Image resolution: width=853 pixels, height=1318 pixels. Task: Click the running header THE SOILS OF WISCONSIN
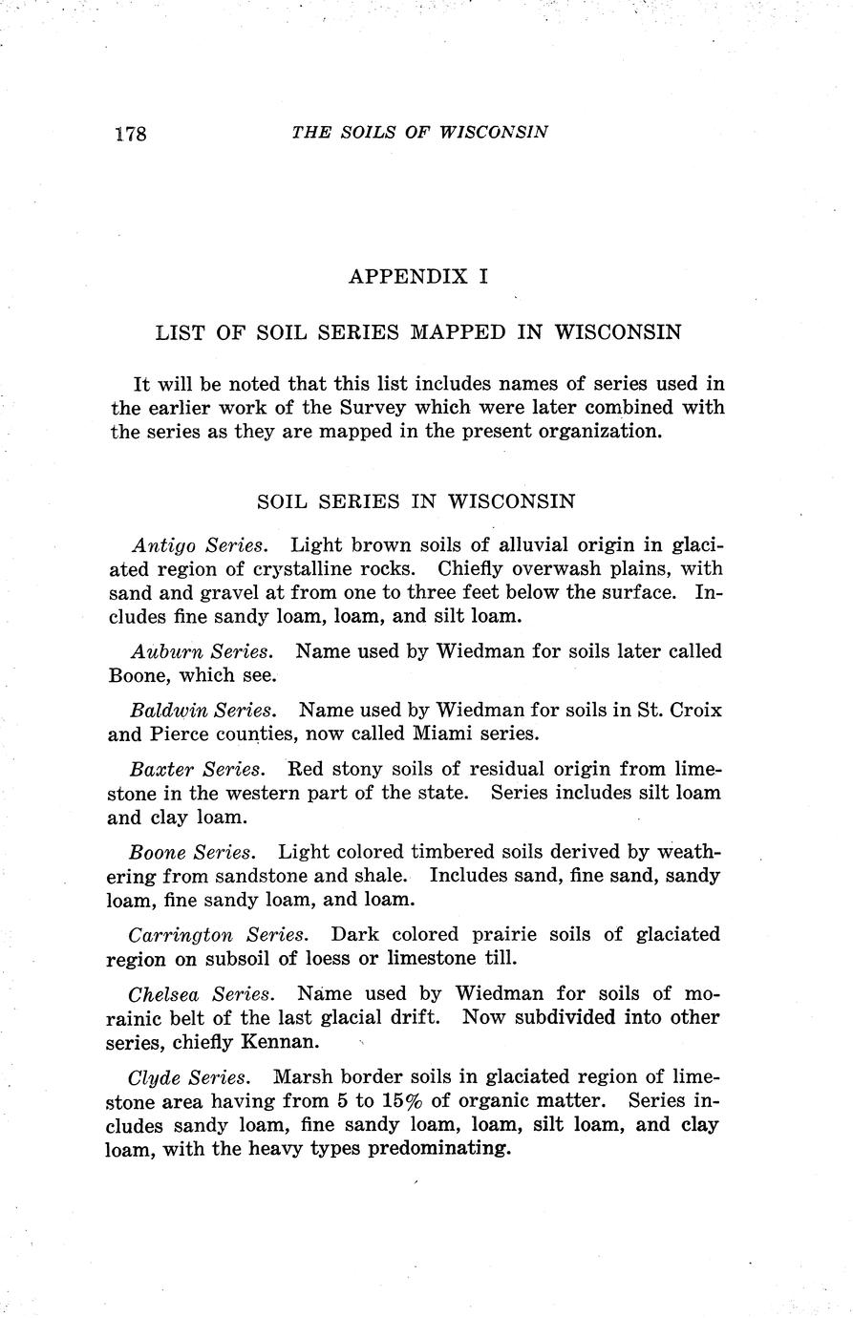coord(419,132)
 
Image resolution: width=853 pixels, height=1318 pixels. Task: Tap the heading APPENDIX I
coord(418,277)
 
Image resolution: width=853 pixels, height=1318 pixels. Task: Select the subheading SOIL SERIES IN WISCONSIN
coord(416,501)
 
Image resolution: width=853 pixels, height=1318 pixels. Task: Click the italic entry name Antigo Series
coord(199,546)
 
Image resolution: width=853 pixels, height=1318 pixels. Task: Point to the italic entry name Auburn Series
coord(201,652)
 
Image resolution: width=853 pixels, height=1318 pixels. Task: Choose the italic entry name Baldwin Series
coord(203,712)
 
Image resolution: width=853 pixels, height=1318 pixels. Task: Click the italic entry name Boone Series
coord(192,852)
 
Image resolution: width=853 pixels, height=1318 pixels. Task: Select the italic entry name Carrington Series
coord(218,935)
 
